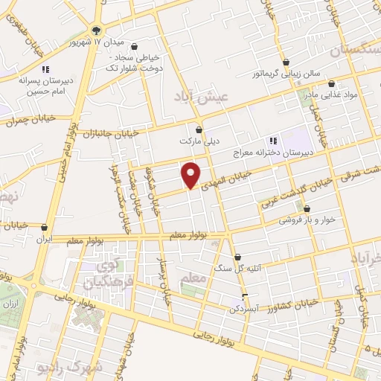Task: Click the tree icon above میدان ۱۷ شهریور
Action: [97, 30]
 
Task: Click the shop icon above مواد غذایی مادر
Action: [331, 83]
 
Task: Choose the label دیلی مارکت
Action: [196, 140]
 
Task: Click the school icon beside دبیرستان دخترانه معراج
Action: [273, 138]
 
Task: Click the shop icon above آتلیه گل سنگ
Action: [238, 257]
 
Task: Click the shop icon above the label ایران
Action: [45, 228]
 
